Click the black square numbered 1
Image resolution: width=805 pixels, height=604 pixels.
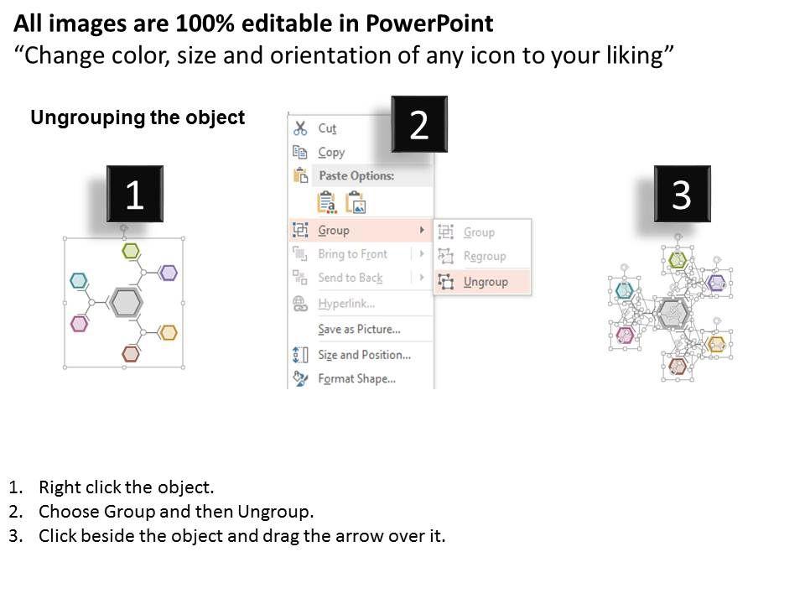pyautogui.click(x=134, y=194)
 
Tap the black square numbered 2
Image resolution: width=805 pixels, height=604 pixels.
pyautogui.click(x=419, y=124)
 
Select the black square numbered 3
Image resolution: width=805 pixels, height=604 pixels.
pyautogui.click(x=682, y=194)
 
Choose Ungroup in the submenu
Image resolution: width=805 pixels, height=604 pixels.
pyautogui.click(x=486, y=282)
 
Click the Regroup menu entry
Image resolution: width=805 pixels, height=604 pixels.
pyautogui.click(x=485, y=256)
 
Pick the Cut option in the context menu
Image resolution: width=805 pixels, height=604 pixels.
pyautogui.click(x=327, y=128)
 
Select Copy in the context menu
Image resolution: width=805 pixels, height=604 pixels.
pyautogui.click(x=331, y=152)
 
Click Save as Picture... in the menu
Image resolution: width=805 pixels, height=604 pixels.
pyautogui.click(x=359, y=329)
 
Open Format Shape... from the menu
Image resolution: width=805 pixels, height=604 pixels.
pyautogui.click(x=357, y=378)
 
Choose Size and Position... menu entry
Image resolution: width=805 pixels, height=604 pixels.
pyautogui.click(x=364, y=354)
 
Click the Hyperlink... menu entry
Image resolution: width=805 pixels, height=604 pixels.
pyautogui.click(x=346, y=304)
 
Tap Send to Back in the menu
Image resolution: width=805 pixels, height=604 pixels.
pyautogui.click(x=351, y=278)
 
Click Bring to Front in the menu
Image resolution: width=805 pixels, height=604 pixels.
pyautogui.click(x=352, y=253)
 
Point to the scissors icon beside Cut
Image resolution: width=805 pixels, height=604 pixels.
pyautogui.click(x=300, y=128)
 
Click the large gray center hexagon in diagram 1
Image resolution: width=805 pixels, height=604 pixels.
pyautogui.click(x=125, y=303)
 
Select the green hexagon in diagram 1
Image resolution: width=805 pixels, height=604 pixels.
pyautogui.click(x=131, y=251)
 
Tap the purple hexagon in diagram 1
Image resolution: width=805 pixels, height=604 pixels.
pyautogui.click(x=168, y=272)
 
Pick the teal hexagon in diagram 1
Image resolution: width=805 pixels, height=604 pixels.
pyautogui.click(x=79, y=280)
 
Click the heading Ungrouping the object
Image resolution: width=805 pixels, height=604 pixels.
pyautogui.click(x=138, y=117)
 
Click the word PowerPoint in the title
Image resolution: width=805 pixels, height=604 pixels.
pyautogui.click(x=429, y=23)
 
